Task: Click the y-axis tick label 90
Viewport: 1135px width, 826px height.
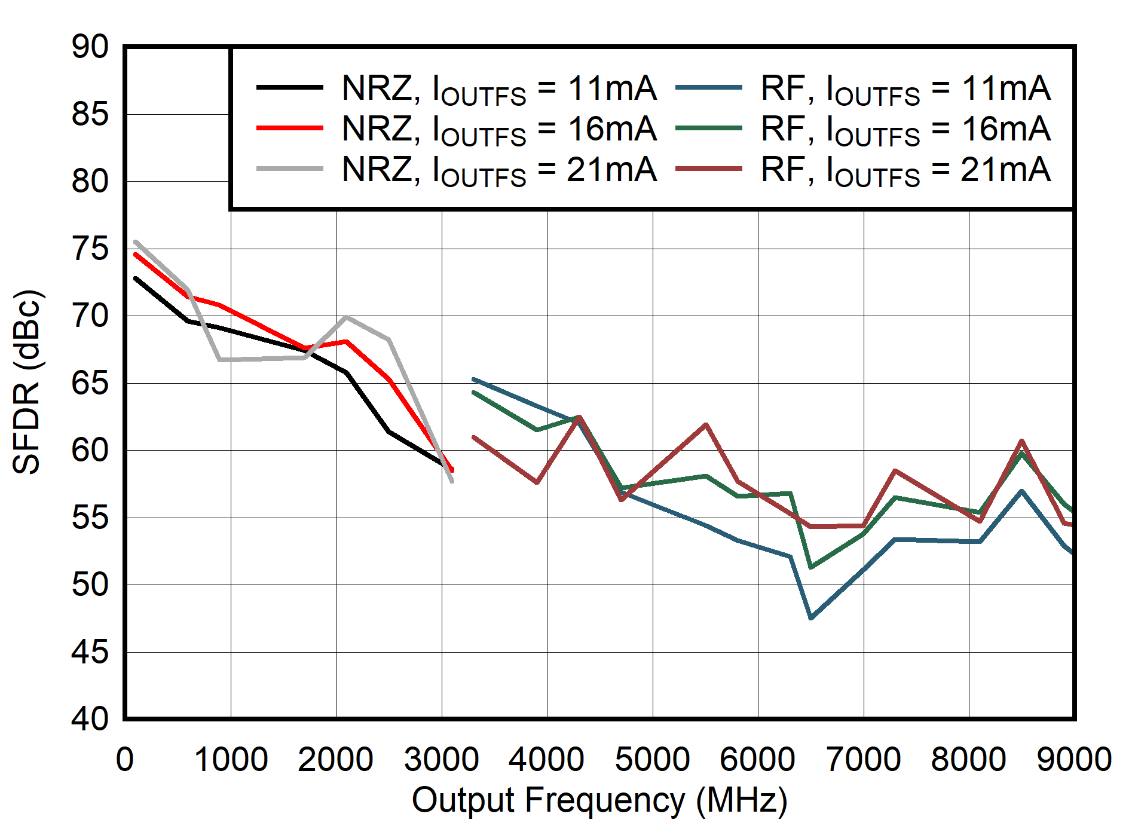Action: tap(90, 47)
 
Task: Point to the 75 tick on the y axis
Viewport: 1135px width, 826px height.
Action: tap(90, 249)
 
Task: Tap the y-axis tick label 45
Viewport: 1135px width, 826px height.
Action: tap(90, 652)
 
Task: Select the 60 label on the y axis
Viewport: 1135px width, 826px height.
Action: tap(90, 450)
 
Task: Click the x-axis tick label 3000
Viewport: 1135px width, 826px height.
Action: tap(441, 760)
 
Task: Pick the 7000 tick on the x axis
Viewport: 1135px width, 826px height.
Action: tap(863, 760)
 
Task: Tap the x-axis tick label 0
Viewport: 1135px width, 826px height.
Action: tap(124, 760)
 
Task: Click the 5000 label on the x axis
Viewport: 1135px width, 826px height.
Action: tap(652, 760)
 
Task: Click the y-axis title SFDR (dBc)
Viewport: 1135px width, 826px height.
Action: tap(27, 383)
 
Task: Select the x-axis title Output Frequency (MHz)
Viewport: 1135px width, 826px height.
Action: tap(599, 800)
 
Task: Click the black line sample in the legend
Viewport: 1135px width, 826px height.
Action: tap(290, 88)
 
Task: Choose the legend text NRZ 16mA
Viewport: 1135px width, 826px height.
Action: tap(499, 129)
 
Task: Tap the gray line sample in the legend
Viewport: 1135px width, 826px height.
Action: tap(290, 169)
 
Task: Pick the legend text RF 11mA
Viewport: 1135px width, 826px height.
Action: tap(905, 88)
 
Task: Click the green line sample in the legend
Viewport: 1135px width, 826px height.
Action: tap(709, 129)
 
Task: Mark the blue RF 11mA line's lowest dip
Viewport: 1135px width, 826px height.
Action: tap(811, 618)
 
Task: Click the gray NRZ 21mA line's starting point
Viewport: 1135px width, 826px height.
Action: tap(136, 242)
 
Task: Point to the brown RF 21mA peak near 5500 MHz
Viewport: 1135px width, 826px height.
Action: tap(706, 425)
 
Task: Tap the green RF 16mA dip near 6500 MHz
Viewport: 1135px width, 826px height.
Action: tap(811, 567)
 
